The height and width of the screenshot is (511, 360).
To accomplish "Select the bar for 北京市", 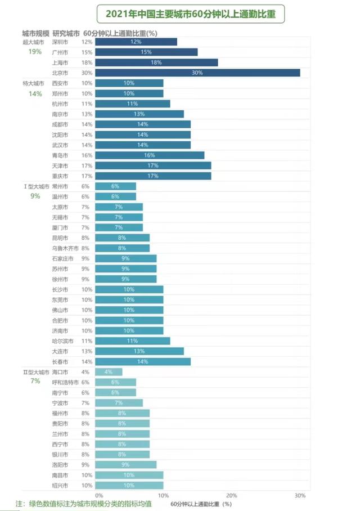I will (x=197, y=73).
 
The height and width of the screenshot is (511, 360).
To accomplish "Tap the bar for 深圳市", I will (x=136, y=42).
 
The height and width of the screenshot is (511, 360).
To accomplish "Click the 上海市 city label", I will (x=60, y=62).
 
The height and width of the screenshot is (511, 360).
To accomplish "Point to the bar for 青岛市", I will (x=150, y=155).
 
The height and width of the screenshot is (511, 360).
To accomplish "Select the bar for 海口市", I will (x=109, y=372).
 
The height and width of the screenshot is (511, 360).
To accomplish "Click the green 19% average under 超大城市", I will (x=35, y=52).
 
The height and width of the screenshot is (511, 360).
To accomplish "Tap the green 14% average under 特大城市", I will (x=35, y=93).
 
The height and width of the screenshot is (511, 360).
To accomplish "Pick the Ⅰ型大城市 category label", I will (x=32, y=186).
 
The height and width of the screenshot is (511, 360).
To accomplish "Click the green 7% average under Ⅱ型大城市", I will (x=35, y=382).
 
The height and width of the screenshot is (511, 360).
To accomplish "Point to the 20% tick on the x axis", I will (x=231, y=495).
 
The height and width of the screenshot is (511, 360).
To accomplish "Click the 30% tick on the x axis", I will (x=300, y=495).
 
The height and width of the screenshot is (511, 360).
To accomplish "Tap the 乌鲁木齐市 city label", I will (x=62, y=248).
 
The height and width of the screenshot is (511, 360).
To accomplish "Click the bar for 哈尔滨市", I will (x=133, y=341).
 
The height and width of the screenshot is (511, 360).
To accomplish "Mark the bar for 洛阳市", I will (x=126, y=465).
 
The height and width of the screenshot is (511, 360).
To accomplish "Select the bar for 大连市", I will (x=139, y=351).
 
